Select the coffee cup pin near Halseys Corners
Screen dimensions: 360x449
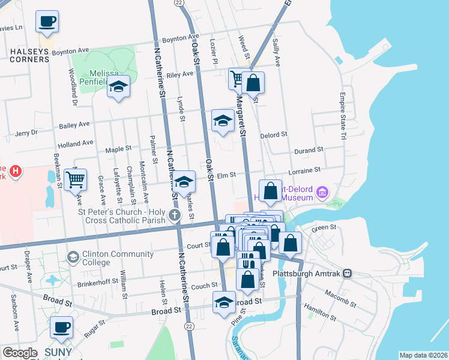[x=46, y=23]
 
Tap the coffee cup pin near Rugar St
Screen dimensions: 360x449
[x=61, y=328]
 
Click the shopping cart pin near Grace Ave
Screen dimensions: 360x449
[x=76, y=179]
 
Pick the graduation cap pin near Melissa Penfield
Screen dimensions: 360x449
[x=118, y=87]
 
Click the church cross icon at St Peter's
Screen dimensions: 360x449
[x=174, y=215]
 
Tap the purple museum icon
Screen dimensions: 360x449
[x=323, y=193]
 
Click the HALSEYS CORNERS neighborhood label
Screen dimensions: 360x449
[x=33, y=52]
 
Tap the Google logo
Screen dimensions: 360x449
[x=19, y=353]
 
